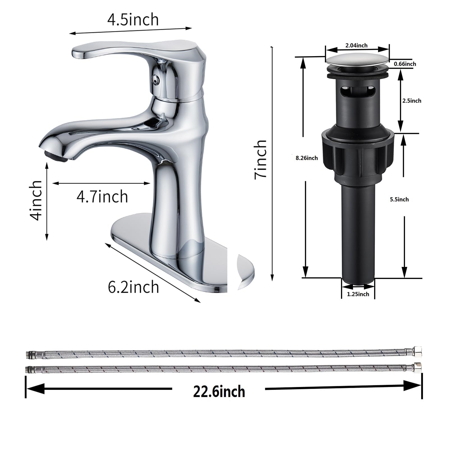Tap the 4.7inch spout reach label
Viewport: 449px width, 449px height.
pos(102,196)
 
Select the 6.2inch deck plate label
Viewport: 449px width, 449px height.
pos(133,287)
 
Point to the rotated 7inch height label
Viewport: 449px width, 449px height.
pos(260,159)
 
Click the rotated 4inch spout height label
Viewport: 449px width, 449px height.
pos(37,200)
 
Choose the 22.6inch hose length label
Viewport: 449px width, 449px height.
pos(219,391)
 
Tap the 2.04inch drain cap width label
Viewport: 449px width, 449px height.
pos(356,45)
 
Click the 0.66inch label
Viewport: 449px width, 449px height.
pos(405,64)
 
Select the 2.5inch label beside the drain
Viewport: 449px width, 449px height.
pos(412,101)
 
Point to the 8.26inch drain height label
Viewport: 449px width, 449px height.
pos(307,158)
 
